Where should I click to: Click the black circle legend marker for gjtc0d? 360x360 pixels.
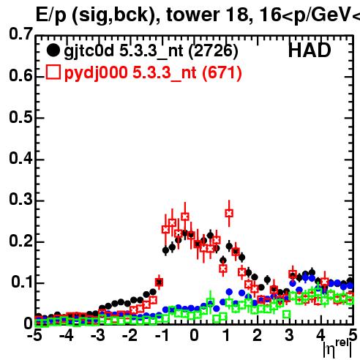click(53, 50)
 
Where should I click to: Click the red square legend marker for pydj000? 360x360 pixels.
click(53, 72)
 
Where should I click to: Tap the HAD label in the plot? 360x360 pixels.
click(310, 50)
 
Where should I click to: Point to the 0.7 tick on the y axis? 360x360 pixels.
click(20, 34)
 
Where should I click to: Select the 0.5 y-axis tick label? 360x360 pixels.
click(20, 117)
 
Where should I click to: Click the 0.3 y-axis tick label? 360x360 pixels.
click(20, 199)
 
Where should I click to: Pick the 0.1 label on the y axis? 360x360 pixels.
click(22, 282)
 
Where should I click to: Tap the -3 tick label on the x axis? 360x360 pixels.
click(98, 335)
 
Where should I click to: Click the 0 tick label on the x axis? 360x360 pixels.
click(194, 335)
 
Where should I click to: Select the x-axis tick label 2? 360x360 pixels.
click(258, 335)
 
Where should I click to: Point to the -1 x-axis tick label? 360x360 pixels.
click(162, 335)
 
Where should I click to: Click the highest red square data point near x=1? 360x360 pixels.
click(229, 213)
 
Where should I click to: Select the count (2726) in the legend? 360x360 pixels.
click(213, 50)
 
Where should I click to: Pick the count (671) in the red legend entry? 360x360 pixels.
click(222, 72)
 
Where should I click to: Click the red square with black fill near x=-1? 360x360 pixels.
click(159, 282)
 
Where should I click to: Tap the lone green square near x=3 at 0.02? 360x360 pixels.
click(287, 315)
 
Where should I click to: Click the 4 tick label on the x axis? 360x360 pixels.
click(320, 335)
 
